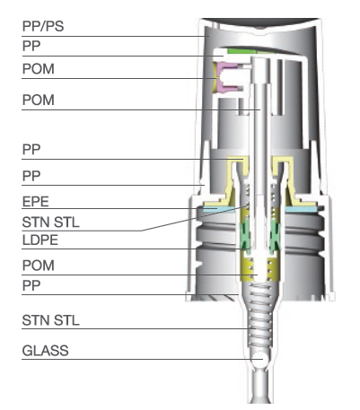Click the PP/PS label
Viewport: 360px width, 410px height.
[x=43, y=26]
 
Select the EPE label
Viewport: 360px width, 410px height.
[x=36, y=202]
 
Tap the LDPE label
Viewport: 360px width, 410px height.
[x=40, y=240]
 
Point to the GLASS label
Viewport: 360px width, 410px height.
[x=46, y=351]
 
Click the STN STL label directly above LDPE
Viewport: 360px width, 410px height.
[x=51, y=222]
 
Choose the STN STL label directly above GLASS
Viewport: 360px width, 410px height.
[x=51, y=320]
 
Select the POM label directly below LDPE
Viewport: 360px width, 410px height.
[x=39, y=266]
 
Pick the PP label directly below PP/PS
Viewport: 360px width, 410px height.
[x=31, y=46]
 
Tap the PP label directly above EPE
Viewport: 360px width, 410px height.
[x=31, y=176]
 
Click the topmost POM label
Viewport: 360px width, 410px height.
[x=39, y=69]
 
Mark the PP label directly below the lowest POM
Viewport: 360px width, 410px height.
[x=31, y=285]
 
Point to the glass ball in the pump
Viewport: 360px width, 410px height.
[x=258, y=358]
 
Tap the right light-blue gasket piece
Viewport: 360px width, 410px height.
[x=301, y=209]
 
